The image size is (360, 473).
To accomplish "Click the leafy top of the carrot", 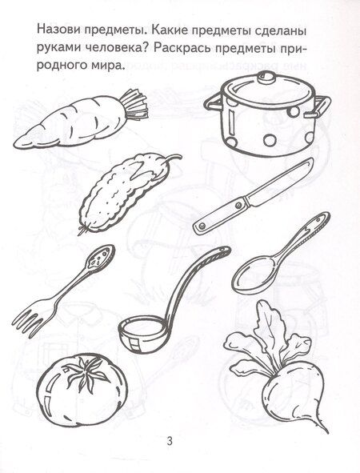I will (x=133, y=105).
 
